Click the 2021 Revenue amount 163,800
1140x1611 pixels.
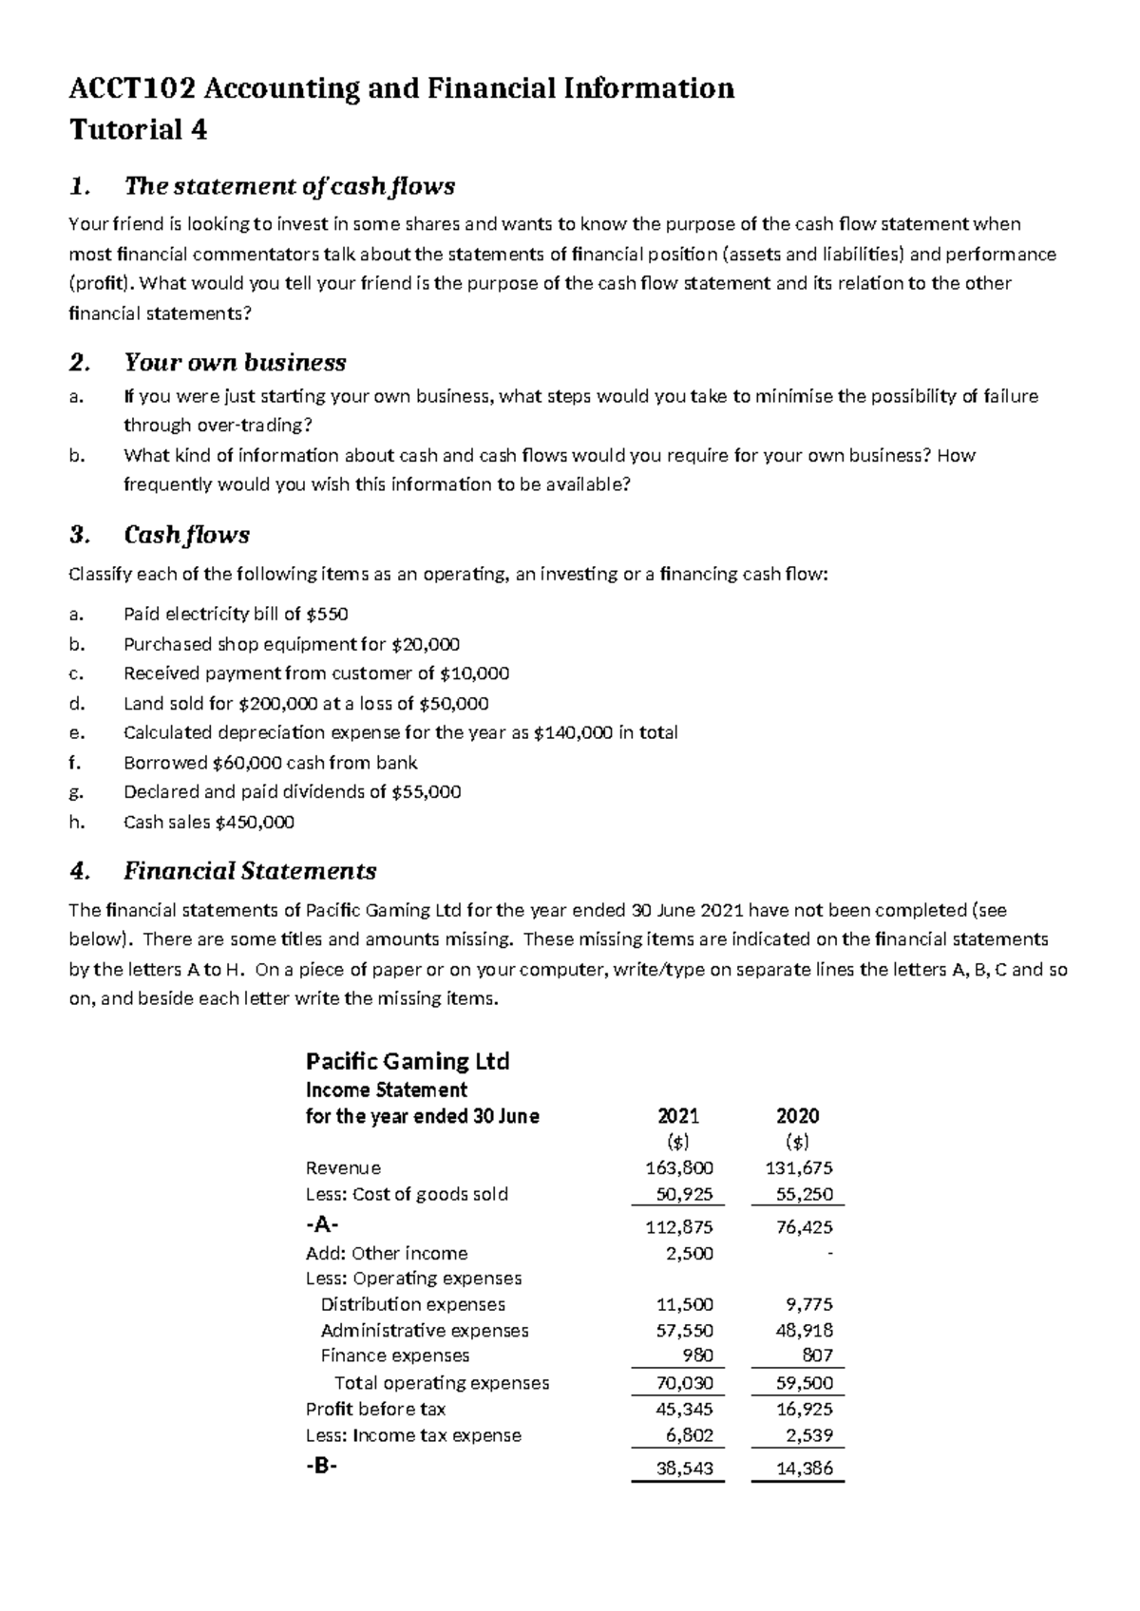[679, 1167]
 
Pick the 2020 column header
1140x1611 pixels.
[798, 1116]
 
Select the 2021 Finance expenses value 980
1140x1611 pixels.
[697, 1355]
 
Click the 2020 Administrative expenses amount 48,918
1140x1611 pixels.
[804, 1330]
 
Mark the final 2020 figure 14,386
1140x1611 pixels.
[804, 1469]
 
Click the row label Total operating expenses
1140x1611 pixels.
[442, 1383]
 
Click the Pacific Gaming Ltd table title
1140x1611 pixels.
[407, 1061]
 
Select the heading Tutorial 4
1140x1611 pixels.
[139, 129]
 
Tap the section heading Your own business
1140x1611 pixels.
[235, 363]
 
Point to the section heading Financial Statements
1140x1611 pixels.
[250, 871]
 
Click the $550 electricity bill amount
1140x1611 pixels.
[328, 615]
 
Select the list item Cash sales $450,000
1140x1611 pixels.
[209, 822]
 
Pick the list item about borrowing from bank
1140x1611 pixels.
[271, 763]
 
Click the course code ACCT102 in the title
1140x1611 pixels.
[133, 88]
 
